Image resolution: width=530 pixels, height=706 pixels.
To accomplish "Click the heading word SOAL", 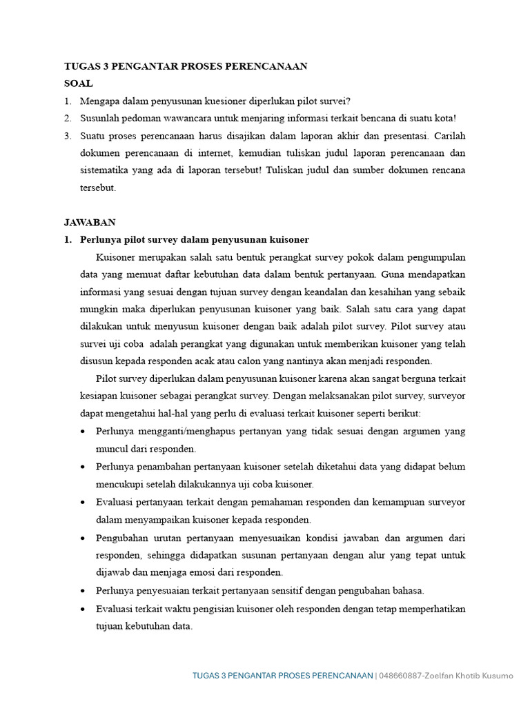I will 78,83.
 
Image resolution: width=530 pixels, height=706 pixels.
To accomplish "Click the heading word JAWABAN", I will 90,222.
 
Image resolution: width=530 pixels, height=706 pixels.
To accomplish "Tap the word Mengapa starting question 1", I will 101,101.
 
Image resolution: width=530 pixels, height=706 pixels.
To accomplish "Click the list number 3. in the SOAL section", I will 68,135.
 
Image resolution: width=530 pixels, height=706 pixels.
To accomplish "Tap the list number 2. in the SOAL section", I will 68,118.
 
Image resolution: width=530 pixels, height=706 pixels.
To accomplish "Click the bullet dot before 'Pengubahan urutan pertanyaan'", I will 84,538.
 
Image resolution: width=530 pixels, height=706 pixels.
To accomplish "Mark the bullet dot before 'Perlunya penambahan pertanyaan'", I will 84,467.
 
